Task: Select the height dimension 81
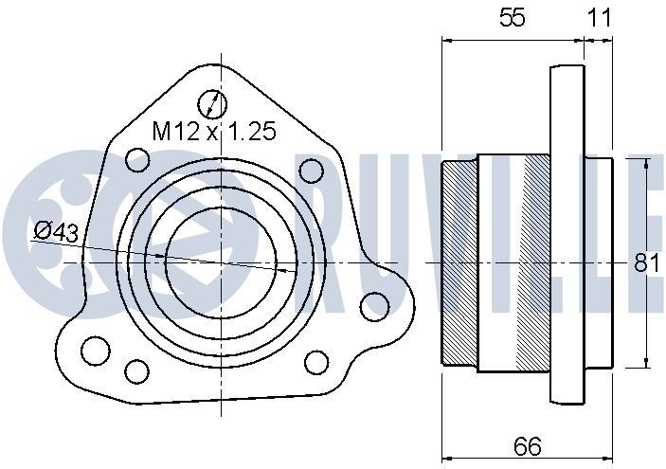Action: tap(647, 263)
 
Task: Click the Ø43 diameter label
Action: tap(55, 231)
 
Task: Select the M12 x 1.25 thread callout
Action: tap(214, 132)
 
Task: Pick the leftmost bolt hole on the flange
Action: tap(94, 350)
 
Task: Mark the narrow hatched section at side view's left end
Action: tap(459, 262)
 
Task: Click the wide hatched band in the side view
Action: tap(535, 262)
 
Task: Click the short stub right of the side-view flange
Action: tap(599, 262)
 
